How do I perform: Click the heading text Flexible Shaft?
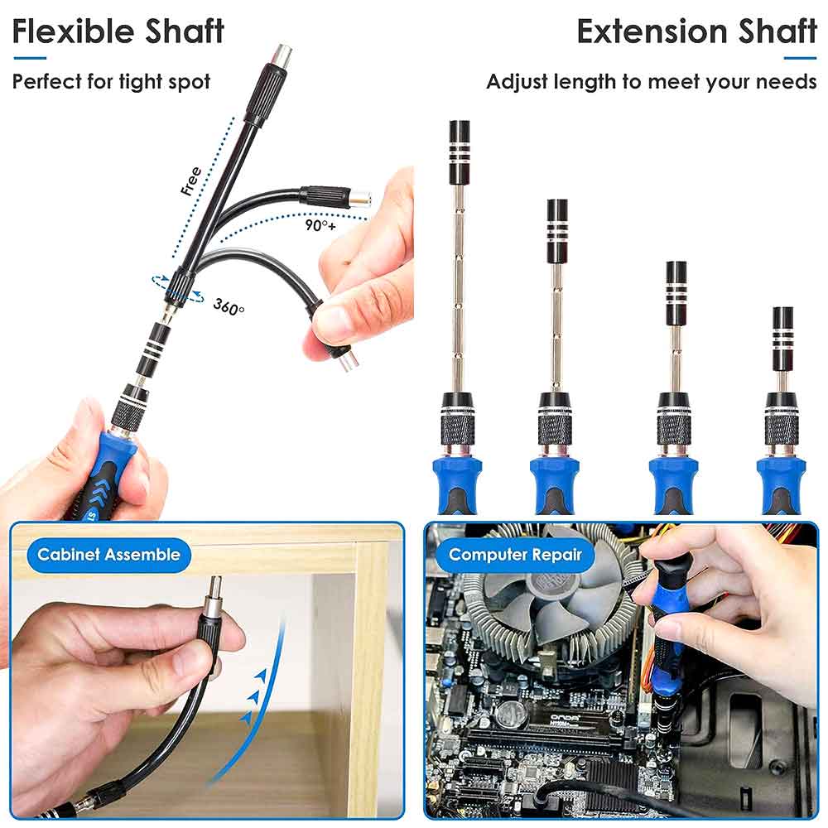click(x=118, y=31)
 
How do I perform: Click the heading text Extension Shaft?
click(x=696, y=31)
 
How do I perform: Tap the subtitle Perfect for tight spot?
click(x=111, y=81)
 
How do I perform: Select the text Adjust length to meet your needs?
click(x=651, y=82)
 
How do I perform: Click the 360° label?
click(x=229, y=306)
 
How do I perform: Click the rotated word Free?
click(x=191, y=181)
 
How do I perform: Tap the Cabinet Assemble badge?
click(x=108, y=555)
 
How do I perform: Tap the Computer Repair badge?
click(x=515, y=555)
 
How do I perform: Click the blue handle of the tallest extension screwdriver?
click(x=457, y=484)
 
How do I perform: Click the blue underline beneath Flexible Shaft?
click(x=29, y=58)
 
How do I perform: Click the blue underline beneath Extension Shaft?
click(x=800, y=58)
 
